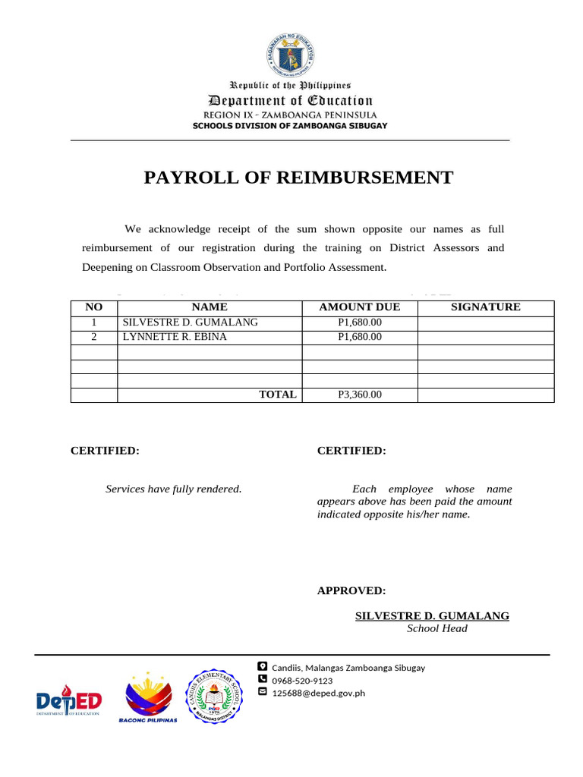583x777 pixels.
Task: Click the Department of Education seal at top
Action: click(x=291, y=53)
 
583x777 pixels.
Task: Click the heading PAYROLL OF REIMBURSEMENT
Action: click(x=298, y=178)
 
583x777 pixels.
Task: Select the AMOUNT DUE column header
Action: click(x=359, y=307)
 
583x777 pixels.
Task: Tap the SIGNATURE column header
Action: click(x=486, y=307)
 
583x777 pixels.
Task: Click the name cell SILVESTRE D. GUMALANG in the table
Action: click(x=191, y=322)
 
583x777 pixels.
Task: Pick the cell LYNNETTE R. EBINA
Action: click(x=175, y=337)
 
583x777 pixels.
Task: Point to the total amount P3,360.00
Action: click(x=359, y=395)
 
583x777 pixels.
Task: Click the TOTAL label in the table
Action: click(x=278, y=395)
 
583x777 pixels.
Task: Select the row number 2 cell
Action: click(x=94, y=337)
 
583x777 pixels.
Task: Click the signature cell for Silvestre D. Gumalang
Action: click(x=486, y=322)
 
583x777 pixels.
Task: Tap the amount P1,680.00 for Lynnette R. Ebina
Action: click(x=359, y=337)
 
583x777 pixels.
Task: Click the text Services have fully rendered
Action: click(x=173, y=489)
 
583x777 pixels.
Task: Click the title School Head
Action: click(x=436, y=628)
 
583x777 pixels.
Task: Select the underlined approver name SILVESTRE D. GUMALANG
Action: click(x=432, y=615)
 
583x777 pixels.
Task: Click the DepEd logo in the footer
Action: click(x=69, y=700)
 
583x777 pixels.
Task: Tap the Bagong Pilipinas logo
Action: click(x=148, y=697)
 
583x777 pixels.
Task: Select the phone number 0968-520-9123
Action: click(x=302, y=681)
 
